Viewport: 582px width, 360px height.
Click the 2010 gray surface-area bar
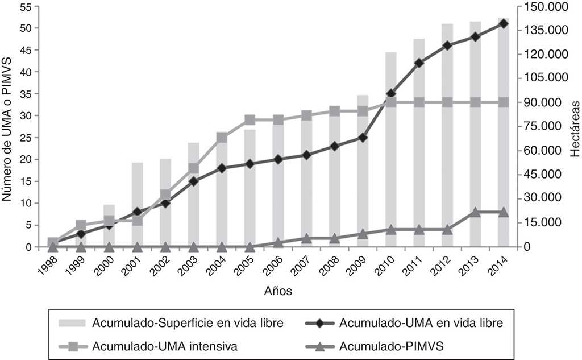point(390,171)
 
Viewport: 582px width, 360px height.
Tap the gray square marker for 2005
point(250,120)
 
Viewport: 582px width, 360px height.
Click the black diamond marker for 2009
point(363,138)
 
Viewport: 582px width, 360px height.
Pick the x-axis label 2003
point(190,265)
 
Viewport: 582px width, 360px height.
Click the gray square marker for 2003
point(193,168)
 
